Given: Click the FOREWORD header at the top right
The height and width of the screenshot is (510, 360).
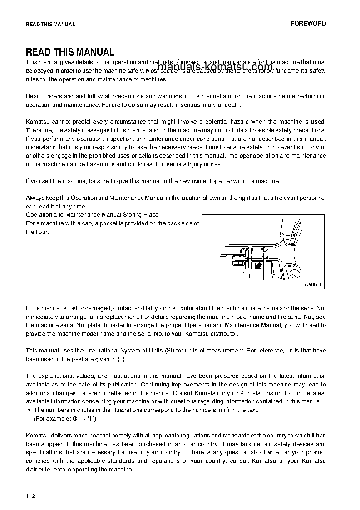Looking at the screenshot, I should tap(308, 24).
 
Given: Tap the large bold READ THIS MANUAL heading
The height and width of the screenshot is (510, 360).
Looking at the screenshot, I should tap(70, 52).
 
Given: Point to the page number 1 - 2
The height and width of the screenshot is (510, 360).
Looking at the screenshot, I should tap(30, 495).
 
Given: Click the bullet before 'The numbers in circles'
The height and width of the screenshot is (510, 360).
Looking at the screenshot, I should tap(29, 410).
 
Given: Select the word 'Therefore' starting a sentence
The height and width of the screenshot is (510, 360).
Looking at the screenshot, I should tap(39, 130).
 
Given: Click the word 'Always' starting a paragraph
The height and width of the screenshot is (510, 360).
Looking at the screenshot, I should tap(35, 198).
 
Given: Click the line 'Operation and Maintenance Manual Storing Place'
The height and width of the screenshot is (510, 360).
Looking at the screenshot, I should tap(92, 214).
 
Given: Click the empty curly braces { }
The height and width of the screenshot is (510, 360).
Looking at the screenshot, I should tap(122, 359).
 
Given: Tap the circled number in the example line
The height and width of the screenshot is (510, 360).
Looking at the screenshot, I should tap(76, 419).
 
